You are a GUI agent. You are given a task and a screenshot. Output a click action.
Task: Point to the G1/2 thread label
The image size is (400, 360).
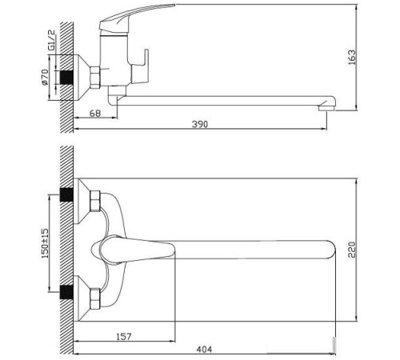50,40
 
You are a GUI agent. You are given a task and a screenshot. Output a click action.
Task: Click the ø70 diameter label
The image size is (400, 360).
50,78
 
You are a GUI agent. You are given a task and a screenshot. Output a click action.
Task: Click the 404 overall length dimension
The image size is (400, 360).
207,349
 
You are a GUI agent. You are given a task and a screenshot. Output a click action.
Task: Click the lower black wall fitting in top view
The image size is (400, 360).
67,290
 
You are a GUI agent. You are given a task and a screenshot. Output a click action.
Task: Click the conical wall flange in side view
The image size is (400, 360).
83,77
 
